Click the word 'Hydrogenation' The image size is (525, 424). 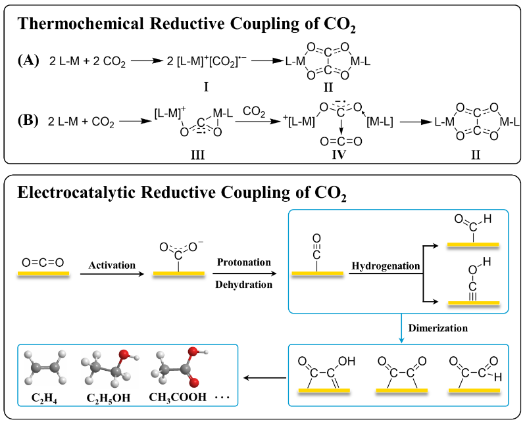click(x=385, y=266)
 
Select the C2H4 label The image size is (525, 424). click(x=45, y=397)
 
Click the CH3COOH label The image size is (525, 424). click(x=178, y=397)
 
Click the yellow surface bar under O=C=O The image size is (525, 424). click(x=43, y=275)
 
